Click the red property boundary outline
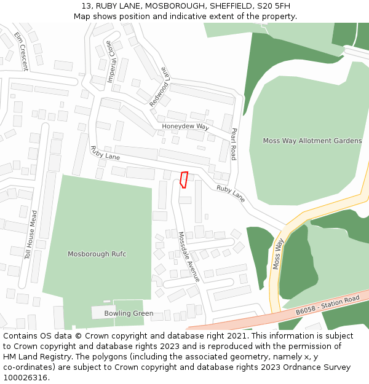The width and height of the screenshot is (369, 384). pos(183,179)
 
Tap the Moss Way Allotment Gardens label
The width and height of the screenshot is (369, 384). pos(312,141)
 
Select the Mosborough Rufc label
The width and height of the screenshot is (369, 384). pos(97,254)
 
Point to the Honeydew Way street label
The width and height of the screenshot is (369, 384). pos(186,126)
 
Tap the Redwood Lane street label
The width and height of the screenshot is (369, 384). pos(159,86)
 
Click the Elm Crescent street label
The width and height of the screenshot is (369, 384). pos(22,51)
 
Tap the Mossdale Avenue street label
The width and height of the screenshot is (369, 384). pos(189,257)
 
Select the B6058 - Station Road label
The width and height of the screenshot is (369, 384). pos(327,305)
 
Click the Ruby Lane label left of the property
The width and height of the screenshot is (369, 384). pos(105,152)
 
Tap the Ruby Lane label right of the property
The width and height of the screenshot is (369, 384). pos(231,194)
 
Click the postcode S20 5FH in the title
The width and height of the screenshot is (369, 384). pos(274,6)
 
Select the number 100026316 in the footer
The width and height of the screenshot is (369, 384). pos(25,377)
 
